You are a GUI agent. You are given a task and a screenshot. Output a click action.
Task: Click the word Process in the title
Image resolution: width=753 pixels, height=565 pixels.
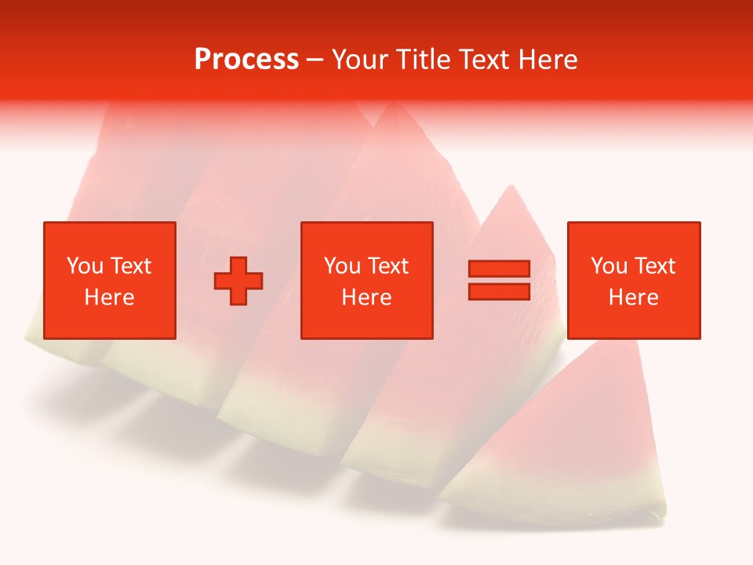(x=246, y=60)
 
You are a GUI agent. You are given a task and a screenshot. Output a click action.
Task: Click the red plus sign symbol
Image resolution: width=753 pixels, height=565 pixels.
(x=238, y=281)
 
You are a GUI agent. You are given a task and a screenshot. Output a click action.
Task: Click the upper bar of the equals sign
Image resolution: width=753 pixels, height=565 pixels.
(x=499, y=269)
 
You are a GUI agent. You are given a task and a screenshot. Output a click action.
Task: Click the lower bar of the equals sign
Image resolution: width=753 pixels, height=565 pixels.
(x=499, y=291)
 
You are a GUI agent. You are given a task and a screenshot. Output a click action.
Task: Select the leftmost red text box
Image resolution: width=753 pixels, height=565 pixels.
(x=109, y=280)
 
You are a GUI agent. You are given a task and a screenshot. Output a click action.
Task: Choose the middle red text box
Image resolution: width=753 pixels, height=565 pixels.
(x=366, y=280)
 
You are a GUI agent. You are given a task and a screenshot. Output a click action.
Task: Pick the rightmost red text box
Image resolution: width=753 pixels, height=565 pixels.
(x=633, y=280)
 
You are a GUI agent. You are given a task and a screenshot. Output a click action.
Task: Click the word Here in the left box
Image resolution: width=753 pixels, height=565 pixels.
(x=109, y=297)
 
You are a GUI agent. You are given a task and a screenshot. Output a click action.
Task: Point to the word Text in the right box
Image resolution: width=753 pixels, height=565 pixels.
(x=655, y=266)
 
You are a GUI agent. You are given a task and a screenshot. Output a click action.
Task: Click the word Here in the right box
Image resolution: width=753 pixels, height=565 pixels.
(x=633, y=297)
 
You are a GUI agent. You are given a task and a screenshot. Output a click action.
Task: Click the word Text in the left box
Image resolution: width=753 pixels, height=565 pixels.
(x=131, y=266)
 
